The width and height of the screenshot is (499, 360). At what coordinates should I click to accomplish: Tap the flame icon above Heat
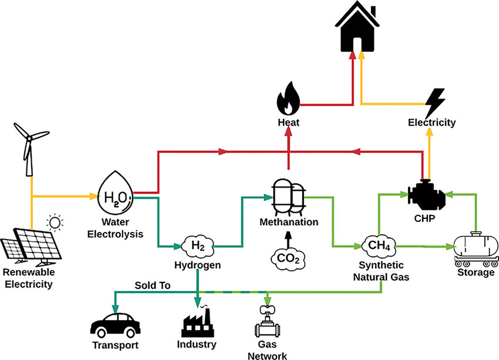(x=288, y=98)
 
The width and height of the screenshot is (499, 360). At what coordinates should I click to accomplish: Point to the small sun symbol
(x=55, y=223)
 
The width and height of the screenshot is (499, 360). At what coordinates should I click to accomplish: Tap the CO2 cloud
(x=288, y=257)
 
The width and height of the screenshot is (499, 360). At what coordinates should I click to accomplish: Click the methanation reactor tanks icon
(x=289, y=197)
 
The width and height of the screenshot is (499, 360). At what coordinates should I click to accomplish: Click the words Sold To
(x=151, y=285)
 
